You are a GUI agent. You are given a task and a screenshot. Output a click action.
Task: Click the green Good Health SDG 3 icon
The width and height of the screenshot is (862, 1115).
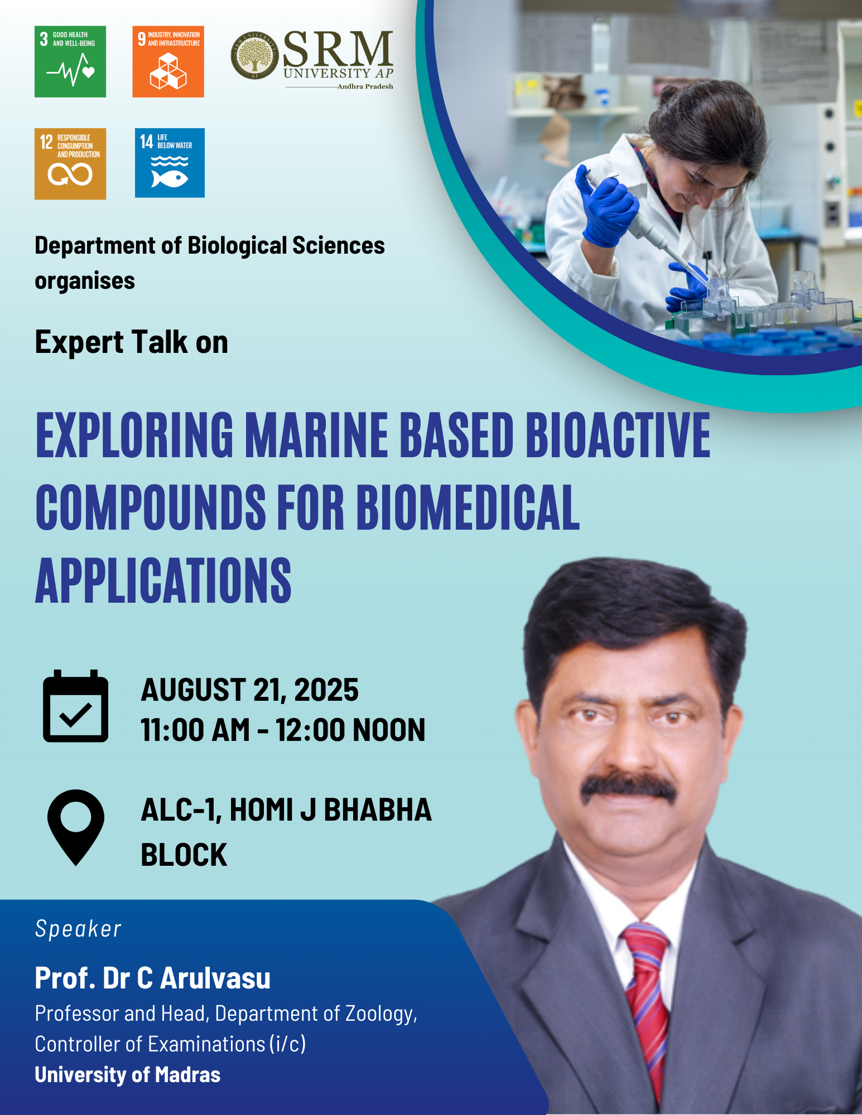pos(70,61)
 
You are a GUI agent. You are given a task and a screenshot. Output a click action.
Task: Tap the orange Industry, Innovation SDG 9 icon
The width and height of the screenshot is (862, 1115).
pos(168,61)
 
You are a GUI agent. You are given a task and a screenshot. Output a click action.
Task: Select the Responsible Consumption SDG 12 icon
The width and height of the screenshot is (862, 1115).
pos(70,164)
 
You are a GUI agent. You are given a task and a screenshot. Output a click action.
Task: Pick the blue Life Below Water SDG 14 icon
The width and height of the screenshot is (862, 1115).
pos(170,163)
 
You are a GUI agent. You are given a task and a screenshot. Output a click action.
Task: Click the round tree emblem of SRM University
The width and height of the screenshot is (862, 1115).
pos(254,55)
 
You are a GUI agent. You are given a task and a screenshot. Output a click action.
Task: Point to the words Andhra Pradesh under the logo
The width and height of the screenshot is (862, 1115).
pos(365,86)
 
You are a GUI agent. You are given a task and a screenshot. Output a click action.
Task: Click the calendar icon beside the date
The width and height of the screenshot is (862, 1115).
pos(76,706)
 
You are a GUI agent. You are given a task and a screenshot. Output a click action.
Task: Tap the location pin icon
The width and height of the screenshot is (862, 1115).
pos(76,827)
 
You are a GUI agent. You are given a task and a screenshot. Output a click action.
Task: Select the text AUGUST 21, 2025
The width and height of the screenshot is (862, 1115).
pos(249,690)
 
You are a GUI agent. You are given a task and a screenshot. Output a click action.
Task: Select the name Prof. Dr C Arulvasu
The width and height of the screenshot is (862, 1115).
pos(152,978)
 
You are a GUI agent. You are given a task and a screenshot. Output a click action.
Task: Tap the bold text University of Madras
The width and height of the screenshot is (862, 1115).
pos(127,1074)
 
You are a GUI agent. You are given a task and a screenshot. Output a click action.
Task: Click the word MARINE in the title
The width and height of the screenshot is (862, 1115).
pos(316,435)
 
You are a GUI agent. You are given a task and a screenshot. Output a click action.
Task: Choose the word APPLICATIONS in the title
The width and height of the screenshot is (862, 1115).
pos(163,581)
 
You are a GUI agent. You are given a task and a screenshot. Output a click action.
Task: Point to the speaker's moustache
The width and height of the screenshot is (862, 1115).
pos(628,787)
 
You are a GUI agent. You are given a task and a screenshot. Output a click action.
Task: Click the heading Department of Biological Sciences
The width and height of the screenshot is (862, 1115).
pos(210,245)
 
